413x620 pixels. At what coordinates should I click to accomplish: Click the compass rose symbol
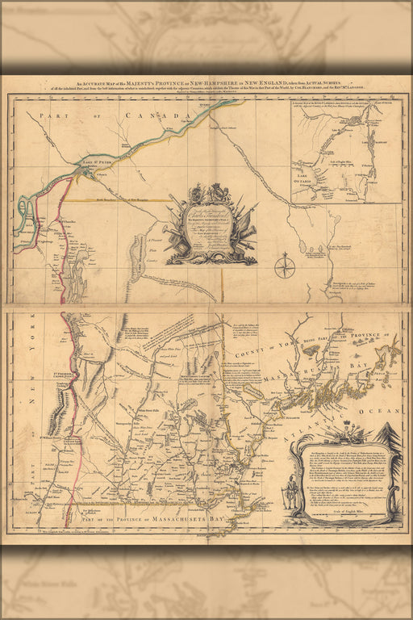(x=285, y=266)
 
